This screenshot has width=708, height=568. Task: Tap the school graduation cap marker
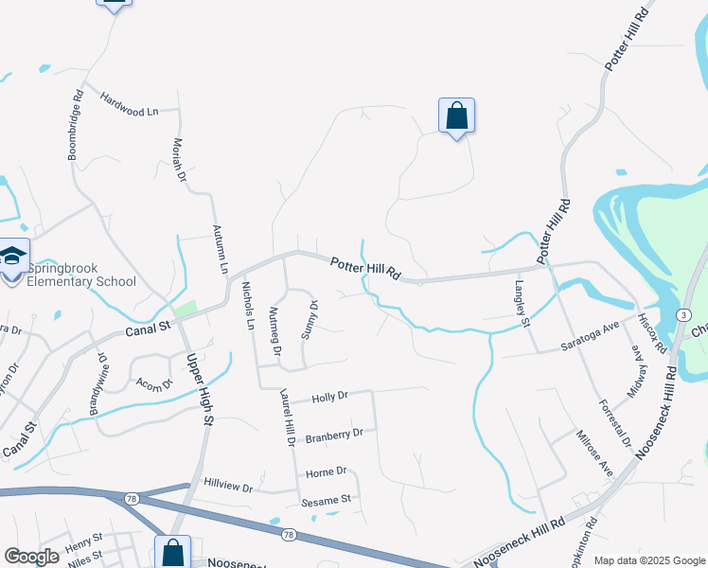pyautogui.click(x=13, y=256)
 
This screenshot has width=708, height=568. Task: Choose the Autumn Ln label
pyautogui.click(x=223, y=249)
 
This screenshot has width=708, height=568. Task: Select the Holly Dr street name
pyautogui.click(x=330, y=397)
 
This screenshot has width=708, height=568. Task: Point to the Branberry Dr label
pyautogui.click(x=334, y=435)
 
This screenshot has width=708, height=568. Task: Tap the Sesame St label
pyautogui.click(x=327, y=499)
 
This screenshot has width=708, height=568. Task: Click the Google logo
pyautogui.click(x=31, y=557)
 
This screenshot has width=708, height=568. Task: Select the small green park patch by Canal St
pyautogui.click(x=186, y=310)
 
